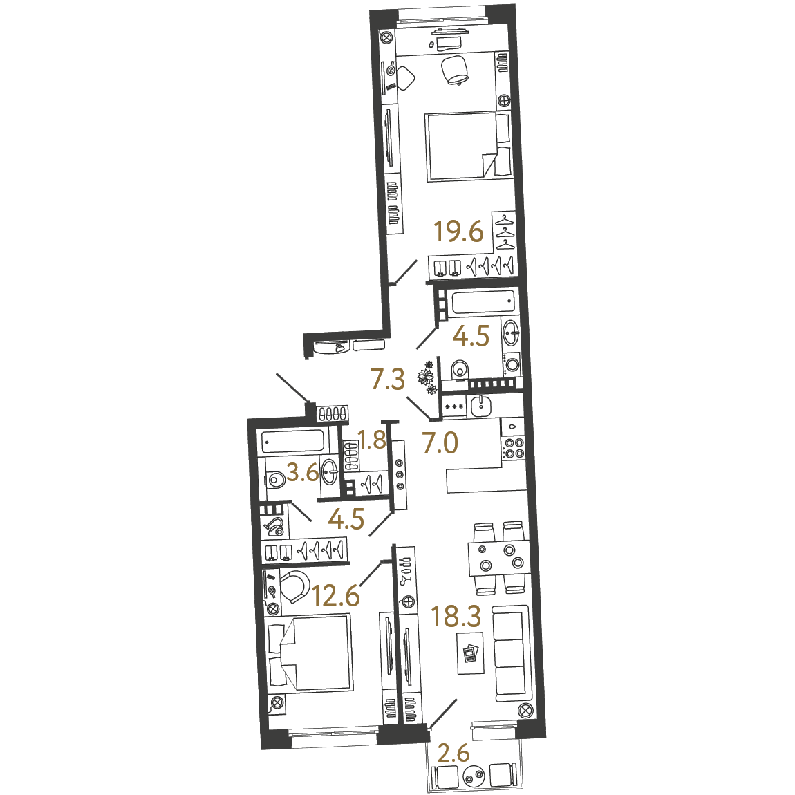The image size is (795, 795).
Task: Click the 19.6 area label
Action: tap(459, 232)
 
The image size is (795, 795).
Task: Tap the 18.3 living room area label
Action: tap(456, 616)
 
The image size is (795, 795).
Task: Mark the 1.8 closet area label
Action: tap(372, 440)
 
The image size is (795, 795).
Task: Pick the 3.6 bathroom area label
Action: tap(303, 474)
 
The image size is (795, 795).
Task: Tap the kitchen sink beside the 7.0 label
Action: tap(480, 406)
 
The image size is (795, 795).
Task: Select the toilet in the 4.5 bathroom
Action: tap(459, 369)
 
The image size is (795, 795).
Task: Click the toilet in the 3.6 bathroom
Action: tap(275, 479)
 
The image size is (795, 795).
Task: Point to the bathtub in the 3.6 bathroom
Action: tap(293, 442)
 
